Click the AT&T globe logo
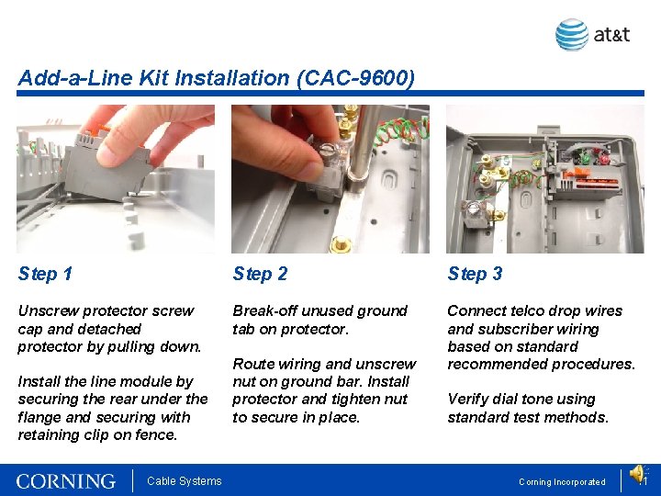[572, 35]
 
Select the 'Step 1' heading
[45, 274]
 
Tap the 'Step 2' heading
[260, 274]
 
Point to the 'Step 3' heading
[475, 274]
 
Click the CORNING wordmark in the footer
[66, 481]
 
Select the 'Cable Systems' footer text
[185, 481]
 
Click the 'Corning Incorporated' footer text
[562, 482]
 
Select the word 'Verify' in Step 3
[468, 400]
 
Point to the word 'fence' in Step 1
[157, 434]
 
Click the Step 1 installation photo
[116, 178]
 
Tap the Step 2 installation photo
[330, 178]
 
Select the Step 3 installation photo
[544, 178]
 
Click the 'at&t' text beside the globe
[611, 35]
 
